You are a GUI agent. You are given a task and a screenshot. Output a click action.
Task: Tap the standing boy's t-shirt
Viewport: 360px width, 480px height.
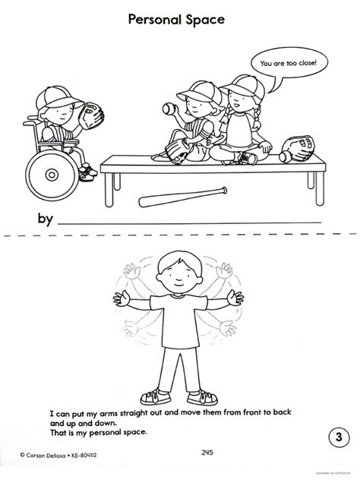[180, 319]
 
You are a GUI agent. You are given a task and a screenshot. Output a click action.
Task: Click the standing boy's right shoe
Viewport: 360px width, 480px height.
[159, 396]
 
